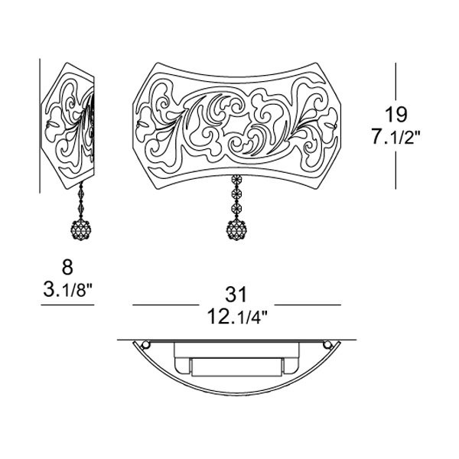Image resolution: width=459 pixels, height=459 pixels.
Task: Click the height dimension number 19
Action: pos(396,115)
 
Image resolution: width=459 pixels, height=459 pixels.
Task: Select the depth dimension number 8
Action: pos(67,267)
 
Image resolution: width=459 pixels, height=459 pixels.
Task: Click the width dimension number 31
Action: pos(236,295)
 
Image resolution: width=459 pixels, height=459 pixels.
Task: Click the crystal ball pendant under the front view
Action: pos(236,229)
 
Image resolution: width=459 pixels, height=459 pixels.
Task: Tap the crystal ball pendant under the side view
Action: pos(81,230)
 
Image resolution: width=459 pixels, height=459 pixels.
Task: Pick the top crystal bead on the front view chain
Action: pos(236,179)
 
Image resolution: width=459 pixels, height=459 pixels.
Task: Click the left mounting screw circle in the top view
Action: pos(145,345)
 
